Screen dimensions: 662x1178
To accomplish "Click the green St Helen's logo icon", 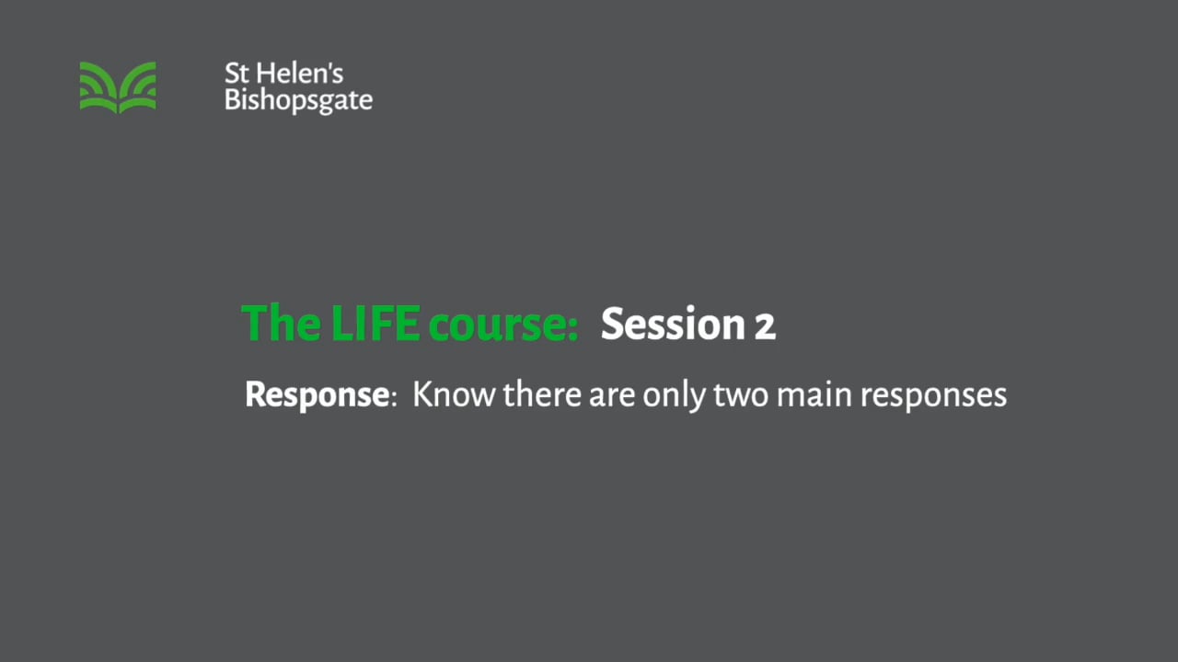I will click(118, 87).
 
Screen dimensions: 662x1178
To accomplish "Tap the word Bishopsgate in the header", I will click(298, 101).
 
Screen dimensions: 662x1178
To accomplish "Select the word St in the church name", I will click(236, 74).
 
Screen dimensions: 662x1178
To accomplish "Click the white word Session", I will click(673, 324).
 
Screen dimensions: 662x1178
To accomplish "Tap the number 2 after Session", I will click(765, 325).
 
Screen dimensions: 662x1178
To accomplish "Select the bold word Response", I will click(317, 394).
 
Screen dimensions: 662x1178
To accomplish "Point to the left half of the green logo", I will click(98, 87).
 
